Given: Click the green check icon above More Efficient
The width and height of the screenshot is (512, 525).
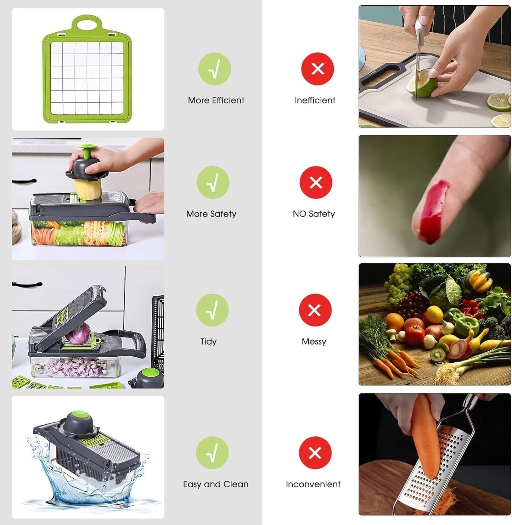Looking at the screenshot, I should coord(214,69).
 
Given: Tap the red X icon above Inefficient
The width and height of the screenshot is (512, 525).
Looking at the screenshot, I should coord(317,69).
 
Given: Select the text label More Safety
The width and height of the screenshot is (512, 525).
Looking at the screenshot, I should coord(211,214).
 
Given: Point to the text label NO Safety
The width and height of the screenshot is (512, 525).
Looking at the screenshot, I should coord(314,214).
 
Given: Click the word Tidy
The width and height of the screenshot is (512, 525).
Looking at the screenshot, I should coord(208,341).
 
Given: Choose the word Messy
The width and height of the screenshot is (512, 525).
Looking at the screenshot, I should coord(314,341).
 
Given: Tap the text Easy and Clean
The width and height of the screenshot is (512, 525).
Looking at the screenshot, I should coord(215,484).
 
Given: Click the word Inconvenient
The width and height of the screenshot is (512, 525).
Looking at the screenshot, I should coord(313,484).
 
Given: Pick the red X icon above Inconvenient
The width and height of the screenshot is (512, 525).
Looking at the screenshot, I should coord(315,453).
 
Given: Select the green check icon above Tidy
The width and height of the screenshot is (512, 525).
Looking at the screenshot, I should coord(212,310).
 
